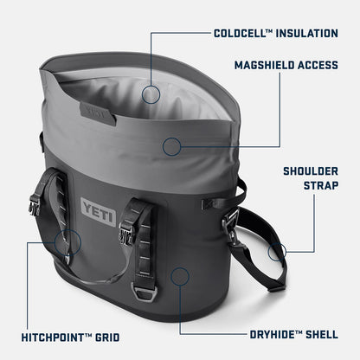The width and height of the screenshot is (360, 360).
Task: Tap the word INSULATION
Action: [x=306, y=34]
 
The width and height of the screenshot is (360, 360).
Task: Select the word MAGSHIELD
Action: [x=265, y=65]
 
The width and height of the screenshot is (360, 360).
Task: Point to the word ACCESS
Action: [x=319, y=65]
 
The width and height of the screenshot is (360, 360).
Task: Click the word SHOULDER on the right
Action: [x=311, y=170]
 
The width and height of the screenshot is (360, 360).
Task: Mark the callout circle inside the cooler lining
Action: [x=151, y=94]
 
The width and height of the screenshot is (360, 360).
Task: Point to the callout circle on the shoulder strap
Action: [x=277, y=253]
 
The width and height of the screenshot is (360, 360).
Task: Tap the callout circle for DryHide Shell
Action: [x=180, y=276]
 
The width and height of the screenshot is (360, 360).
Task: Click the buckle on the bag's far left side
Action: [x=35, y=205]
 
